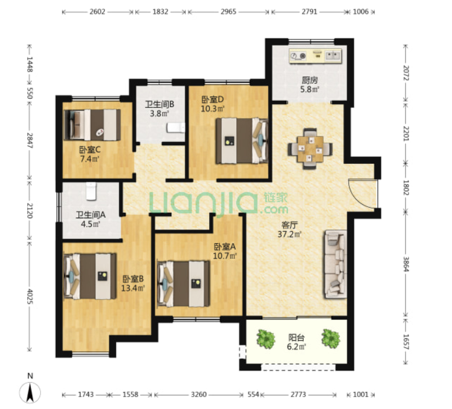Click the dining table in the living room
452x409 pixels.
310,149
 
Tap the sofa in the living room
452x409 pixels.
335,264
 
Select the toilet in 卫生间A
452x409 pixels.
91,191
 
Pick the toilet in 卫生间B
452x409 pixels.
175,128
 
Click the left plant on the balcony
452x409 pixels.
265,339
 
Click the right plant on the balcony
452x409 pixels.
331,339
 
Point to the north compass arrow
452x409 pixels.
30,393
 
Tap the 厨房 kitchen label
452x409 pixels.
310,80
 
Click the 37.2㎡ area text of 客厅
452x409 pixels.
290,234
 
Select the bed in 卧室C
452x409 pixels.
92,125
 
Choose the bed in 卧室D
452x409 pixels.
242,141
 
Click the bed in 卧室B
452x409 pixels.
90,276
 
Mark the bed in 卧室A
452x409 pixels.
183,284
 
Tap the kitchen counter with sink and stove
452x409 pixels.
316,56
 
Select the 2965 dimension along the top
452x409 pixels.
228,12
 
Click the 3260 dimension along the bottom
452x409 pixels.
199,394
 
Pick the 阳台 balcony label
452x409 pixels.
296,338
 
